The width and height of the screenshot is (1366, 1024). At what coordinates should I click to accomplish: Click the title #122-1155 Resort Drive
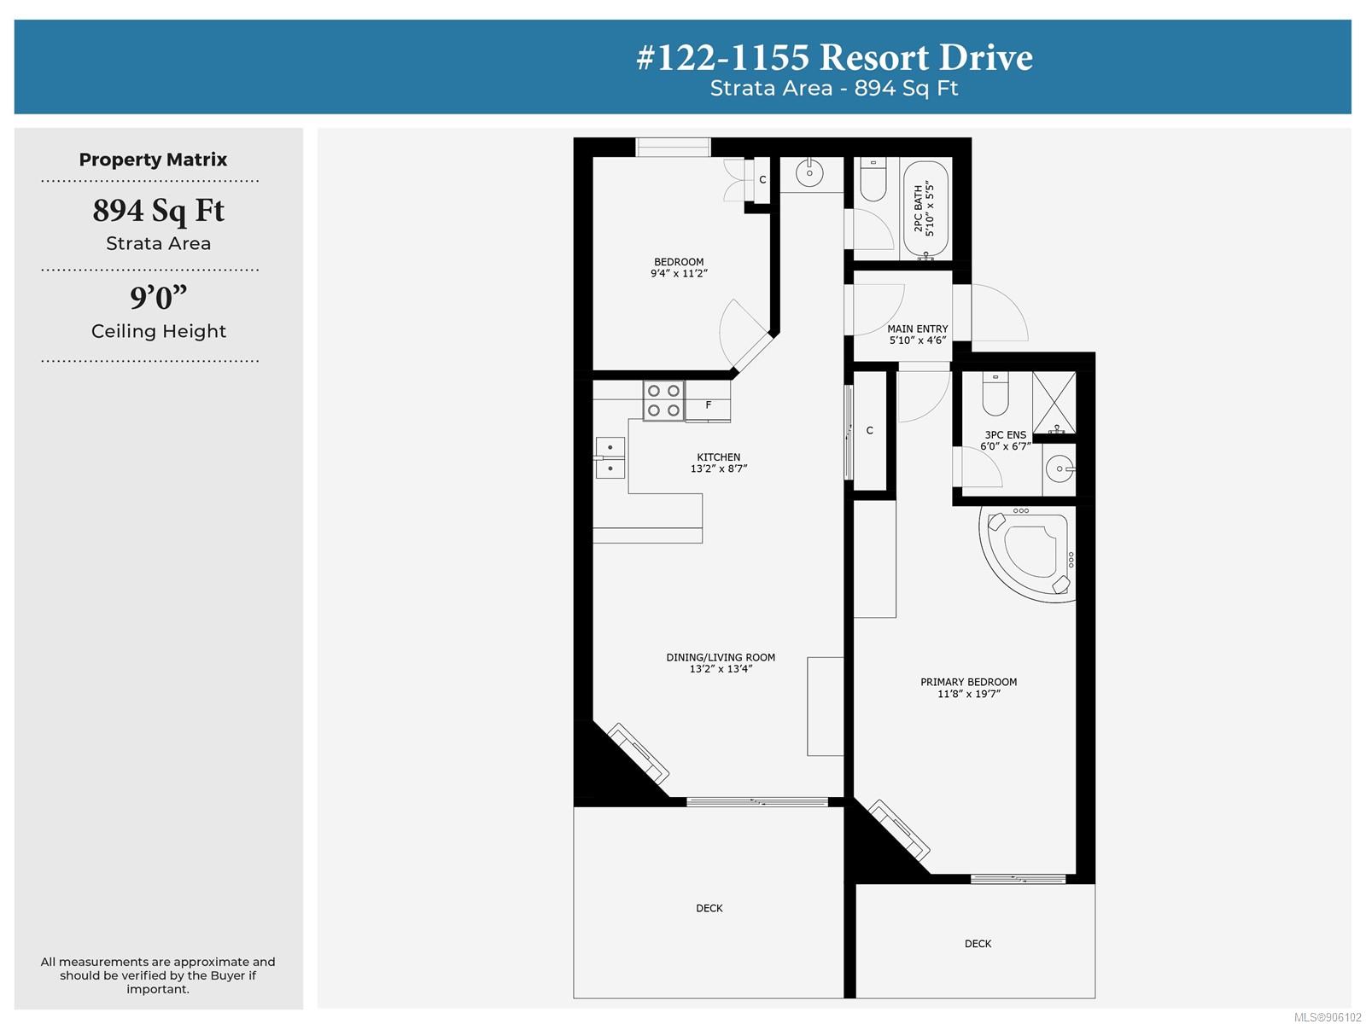pyautogui.click(x=834, y=57)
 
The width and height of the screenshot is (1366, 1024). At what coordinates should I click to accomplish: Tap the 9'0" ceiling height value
pyautogui.click(x=159, y=297)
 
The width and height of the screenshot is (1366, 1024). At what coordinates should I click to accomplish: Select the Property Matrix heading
pyautogui.click(x=153, y=160)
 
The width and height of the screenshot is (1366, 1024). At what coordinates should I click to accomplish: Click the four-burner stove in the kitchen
pyautogui.click(x=663, y=400)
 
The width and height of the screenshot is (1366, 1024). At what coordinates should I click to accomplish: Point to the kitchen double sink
pyautogui.click(x=610, y=457)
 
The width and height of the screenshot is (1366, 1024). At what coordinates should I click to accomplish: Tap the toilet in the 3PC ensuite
pyautogui.click(x=995, y=393)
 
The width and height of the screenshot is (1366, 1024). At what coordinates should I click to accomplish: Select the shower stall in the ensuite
pyautogui.click(x=1054, y=402)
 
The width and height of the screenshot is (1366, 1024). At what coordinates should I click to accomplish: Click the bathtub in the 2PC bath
pyautogui.click(x=925, y=210)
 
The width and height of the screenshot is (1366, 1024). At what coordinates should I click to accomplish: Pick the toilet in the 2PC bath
pyautogui.click(x=873, y=179)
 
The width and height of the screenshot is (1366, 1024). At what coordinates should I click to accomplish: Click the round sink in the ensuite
pyautogui.click(x=1060, y=468)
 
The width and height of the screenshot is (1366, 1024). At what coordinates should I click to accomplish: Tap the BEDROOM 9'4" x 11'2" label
pyautogui.click(x=679, y=267)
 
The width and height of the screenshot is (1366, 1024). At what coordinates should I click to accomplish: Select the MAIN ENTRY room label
pyautogui.click(x=917, y=334)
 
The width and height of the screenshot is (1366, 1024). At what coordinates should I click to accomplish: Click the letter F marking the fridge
pyautogui.click(x=709, y=404)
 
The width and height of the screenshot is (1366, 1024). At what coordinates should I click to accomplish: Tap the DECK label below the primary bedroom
pyautogui.click(x=978, y=943)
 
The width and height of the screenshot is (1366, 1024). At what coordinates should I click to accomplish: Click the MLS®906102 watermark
pyautogui.click(x=1328, y=1017)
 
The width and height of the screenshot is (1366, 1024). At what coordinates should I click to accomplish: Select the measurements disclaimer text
pyautogui.click(x=158, y=975)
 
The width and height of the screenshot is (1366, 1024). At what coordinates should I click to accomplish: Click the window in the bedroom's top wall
pyautogui.click(x=673, y=148)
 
